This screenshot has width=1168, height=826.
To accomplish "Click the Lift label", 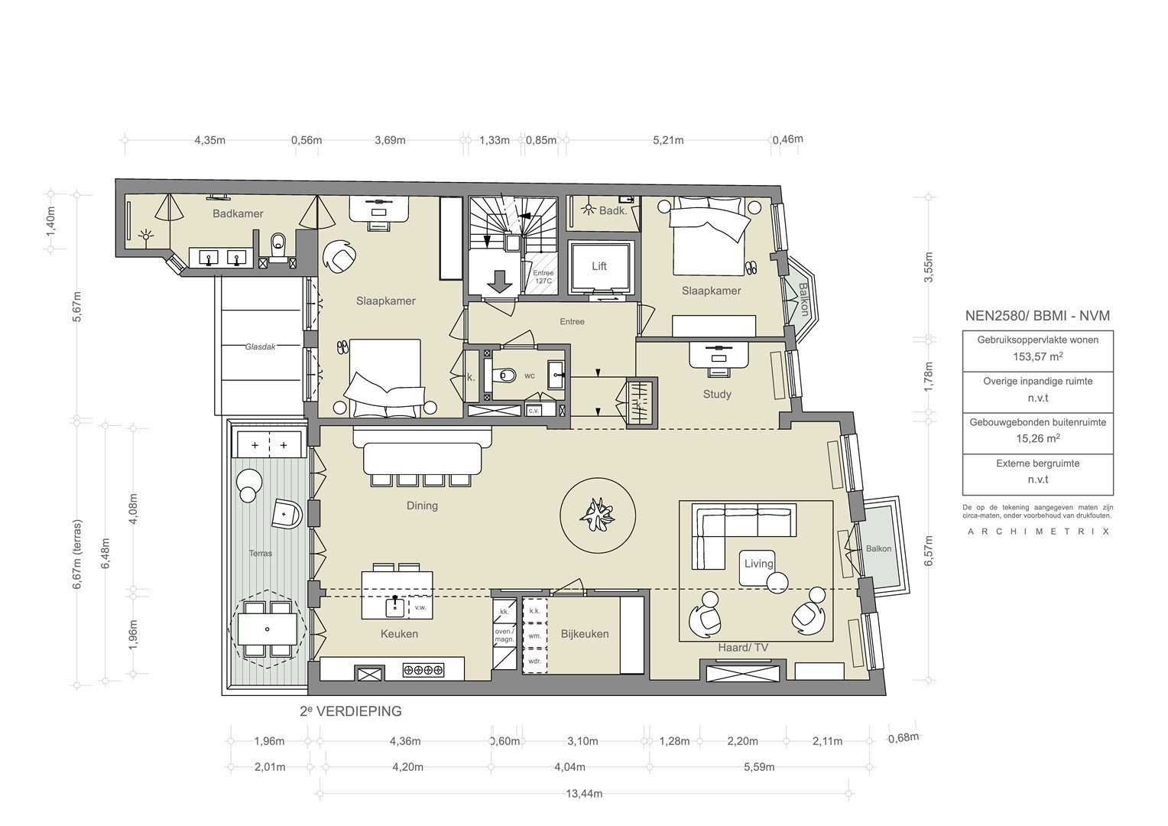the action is click(x=599, y=266).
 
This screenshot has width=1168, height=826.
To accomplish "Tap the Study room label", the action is click(x=717, y=394).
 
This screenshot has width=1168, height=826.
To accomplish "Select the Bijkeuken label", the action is click(x=585, y=634).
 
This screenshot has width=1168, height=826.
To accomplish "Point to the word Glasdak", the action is click(x=260, y=346).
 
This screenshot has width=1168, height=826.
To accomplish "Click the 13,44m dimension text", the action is click(x=584, y=794).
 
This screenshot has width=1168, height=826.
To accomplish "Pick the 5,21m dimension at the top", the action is click(x=668, y=140).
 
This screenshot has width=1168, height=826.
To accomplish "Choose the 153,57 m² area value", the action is click(x=1037, y=356).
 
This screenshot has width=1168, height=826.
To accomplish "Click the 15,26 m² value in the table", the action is click(x=1037, y=438).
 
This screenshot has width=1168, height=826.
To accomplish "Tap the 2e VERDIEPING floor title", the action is click(x=351, y=711).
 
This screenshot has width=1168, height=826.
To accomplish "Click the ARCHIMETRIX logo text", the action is click(x=1038, y=532).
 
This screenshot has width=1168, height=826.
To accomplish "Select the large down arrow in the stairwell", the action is click(x=499, y=281).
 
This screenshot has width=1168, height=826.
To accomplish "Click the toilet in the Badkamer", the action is click(x=278, y=244).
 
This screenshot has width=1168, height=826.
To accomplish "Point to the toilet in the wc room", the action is click(x=505, y=375).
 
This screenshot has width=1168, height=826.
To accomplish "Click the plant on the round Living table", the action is click(x=597, y=515).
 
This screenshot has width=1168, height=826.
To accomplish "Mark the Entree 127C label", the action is click(x=543, y=277).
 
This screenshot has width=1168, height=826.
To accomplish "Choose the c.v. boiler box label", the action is click(x=533, y=411).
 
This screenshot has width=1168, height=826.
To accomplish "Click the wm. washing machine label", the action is click(x=534, y=636).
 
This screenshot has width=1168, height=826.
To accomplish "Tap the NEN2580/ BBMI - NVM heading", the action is click(x=1037, y=316).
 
